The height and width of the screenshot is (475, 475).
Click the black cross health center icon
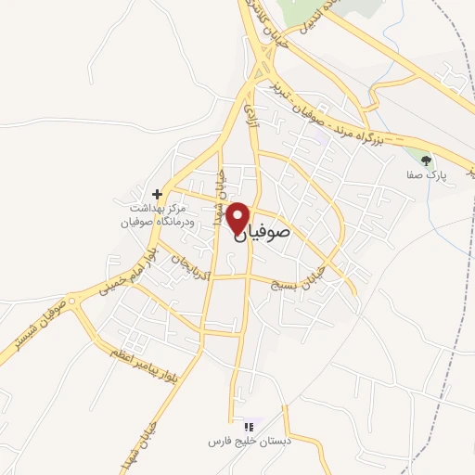[159, 194]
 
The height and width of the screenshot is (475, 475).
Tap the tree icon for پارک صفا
[427, 160]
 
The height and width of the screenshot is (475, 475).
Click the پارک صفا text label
[428, 174]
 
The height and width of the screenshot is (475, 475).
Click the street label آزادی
[250, 114]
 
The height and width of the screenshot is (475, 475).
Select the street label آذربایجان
[191, 263]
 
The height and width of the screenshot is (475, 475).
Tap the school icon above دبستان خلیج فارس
[235, 426]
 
